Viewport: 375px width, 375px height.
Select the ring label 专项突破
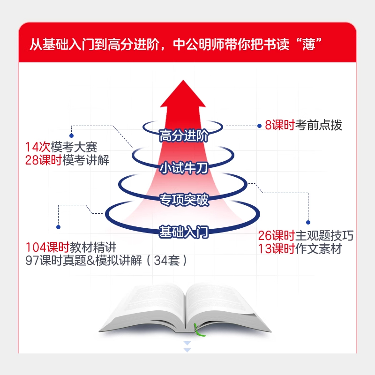(183, 200)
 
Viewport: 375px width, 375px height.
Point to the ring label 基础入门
(183, 232)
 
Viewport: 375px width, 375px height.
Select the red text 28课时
(44, 160)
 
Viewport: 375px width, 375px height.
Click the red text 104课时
(47, 247)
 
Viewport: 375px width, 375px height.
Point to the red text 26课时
(276, 235)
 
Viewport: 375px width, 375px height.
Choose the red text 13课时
(276, 249)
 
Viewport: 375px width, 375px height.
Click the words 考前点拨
(319, 125)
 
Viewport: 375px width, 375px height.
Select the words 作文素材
(318, 249)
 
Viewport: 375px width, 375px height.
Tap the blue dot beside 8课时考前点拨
(260, 126)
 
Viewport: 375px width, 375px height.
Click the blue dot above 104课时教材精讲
(58, 227)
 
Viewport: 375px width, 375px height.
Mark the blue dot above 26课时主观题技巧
(308, 222)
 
